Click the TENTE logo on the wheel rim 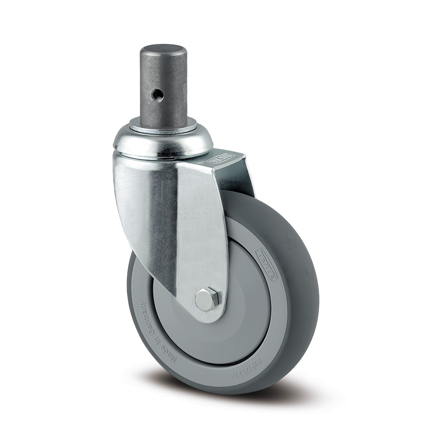tap(267, 264)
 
